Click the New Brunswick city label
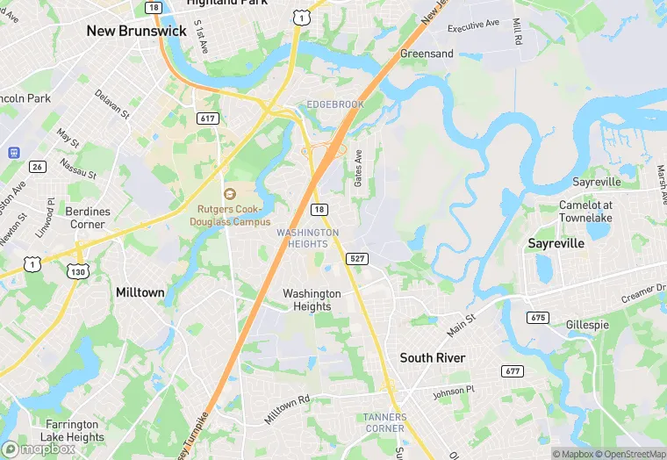click(136, 31)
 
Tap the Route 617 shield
click(208, 118)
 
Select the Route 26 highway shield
click(37, 166)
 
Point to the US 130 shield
click(77, 272)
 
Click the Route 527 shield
click(356, 258)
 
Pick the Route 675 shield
click(537, 316)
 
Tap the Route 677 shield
click(512, 371)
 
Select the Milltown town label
click(140, 291)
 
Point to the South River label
click(433, 358)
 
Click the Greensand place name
click(427, 54)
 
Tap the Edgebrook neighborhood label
click(334, 104)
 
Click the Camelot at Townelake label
click(585, 211)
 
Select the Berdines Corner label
click(89, 218)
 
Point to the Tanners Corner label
click(384, 422)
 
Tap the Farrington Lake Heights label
click(74, 431)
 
